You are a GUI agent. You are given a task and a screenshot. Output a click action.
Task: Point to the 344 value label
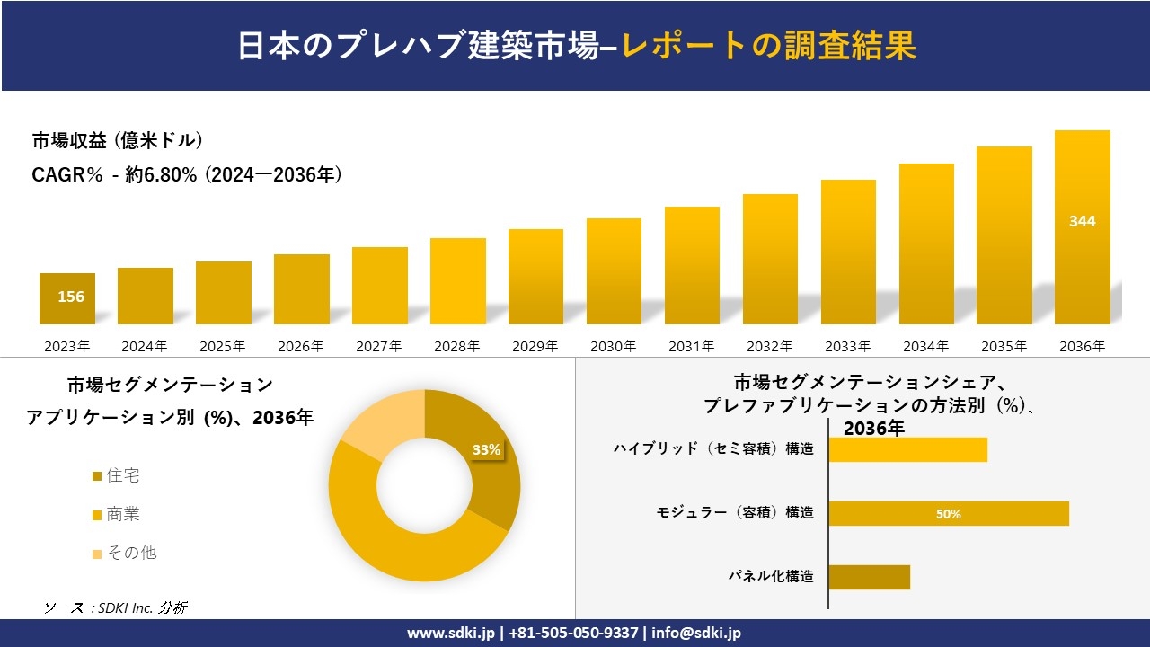[x=1082, y=221]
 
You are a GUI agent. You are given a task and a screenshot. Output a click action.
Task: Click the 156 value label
[x=71, y=297]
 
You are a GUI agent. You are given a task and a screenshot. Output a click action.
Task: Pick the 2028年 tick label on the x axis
[x=456, y=346]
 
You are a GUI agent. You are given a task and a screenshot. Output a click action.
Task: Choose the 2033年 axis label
[x=847, y=346]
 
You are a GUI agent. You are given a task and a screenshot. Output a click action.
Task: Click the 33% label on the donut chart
[x=486, y=450]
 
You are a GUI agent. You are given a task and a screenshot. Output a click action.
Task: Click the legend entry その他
[x=131, y=552]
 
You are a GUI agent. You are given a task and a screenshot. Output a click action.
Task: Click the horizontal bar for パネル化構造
[x=869, y=577]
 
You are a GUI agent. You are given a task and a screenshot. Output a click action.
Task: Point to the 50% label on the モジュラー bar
[x=948, y=514]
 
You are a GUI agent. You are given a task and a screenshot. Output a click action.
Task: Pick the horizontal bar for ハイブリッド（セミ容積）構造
[x=907, y=449]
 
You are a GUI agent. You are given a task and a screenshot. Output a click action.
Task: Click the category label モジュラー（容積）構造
[x=735, y=512]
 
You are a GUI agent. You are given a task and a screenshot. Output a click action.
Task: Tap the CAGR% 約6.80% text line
[x=187, y=175]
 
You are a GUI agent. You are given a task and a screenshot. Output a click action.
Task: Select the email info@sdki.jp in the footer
[x=696, y=633]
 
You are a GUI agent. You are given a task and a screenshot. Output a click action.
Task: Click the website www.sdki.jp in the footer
[x=450, y=633]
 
